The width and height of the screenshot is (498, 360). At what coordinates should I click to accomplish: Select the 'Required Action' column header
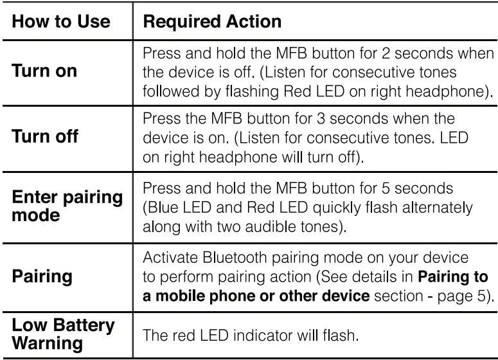(211, 22)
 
